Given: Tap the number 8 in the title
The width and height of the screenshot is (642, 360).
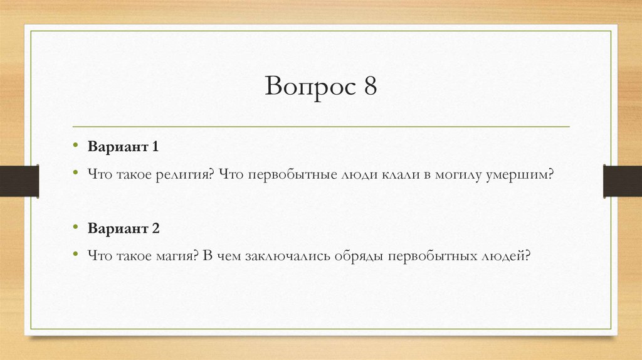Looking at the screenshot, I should (368, 85).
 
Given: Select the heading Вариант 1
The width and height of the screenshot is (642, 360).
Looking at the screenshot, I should (123, 147).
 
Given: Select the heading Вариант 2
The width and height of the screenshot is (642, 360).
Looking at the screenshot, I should (124, 228).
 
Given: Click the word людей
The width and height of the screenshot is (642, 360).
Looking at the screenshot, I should (507, 256).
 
